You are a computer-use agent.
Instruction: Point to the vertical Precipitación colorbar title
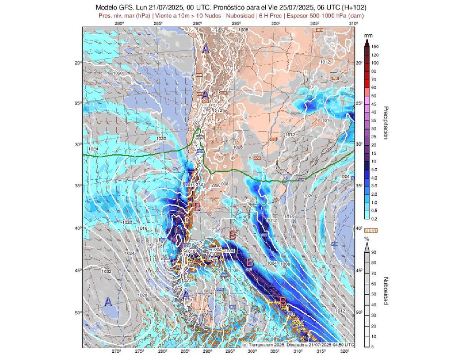[x=386, y=123]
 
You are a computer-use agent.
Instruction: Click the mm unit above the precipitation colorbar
[x=368, y=35]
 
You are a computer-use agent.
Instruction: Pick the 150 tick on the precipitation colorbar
[x=375, y=46]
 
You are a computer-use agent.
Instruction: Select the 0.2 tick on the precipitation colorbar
[x=374, y=218]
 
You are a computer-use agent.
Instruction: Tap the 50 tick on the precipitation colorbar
[x=374, y=96]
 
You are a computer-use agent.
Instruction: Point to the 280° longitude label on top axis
[x=119, y=23]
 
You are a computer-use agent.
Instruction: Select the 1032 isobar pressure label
[x=107, y=272]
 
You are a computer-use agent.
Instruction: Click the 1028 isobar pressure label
[x=142, y=295]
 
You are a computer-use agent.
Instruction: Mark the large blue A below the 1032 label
[x=108, y=302]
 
